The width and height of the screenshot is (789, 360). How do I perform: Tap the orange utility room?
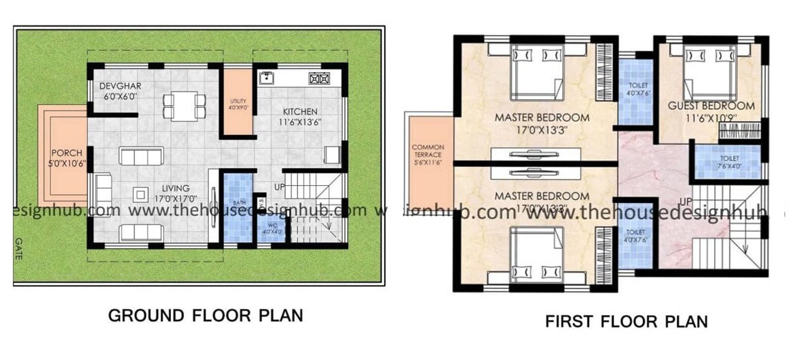point(237,103)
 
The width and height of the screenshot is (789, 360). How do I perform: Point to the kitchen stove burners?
point(318,79)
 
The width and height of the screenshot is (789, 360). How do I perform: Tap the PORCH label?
point(66,153)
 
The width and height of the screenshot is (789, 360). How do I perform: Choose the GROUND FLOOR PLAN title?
point(205,316)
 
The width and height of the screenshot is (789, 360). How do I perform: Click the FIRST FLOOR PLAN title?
point(626,322)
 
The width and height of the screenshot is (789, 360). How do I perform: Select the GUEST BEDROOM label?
point(711,106)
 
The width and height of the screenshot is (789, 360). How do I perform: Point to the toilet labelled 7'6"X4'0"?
point(729,162)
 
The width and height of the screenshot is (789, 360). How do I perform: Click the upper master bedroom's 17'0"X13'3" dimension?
point(542,130)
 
